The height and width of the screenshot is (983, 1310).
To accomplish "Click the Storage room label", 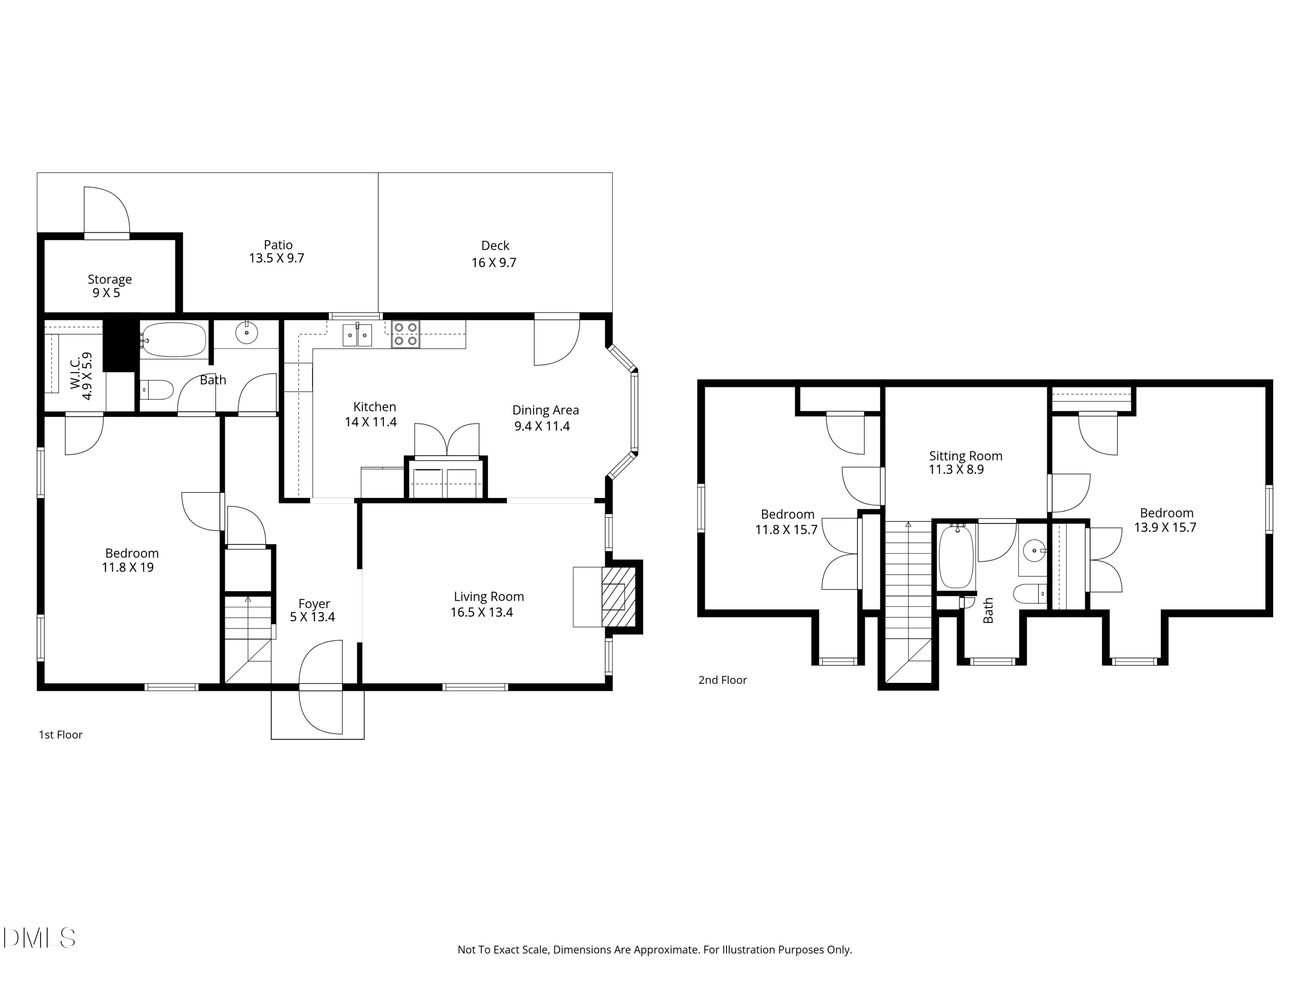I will [110, 279].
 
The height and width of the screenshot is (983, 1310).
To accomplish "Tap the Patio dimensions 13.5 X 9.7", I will [276, 258].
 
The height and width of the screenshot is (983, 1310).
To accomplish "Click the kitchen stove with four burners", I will [406, 334].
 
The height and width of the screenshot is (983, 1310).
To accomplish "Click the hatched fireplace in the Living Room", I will [618, 597].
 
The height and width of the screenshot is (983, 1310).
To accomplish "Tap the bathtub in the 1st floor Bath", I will [173, 340].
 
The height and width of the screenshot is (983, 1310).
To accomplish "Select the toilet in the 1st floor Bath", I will [158, 390].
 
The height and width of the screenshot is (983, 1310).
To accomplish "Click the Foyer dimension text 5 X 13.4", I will [312, 617].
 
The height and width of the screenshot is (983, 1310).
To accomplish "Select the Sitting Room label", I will [965, 456].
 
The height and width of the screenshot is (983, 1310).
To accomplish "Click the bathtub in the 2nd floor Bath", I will [956, 557].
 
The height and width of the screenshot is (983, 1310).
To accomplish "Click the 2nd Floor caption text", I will [723, 680].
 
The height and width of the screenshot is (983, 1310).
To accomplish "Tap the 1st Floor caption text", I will [60, 735].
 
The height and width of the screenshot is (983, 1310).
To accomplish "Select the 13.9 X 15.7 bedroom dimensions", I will [1165, 527].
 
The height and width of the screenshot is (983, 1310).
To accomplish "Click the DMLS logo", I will [39, 938].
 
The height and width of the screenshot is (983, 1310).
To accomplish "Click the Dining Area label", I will [545, 410].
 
